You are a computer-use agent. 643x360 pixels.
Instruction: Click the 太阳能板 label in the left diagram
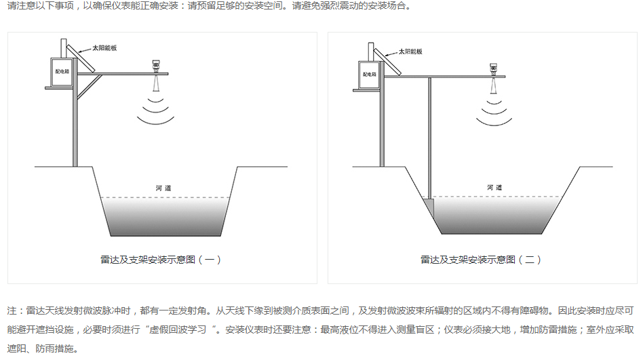[x=106, y=49]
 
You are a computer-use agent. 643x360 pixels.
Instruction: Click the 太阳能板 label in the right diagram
[x=410, y=52]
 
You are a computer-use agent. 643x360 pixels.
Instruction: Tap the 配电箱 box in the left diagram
[x=62, y=71]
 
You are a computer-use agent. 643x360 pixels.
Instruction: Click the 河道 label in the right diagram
[x=494, y=187]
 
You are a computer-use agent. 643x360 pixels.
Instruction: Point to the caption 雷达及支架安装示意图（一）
[x=161, y=259]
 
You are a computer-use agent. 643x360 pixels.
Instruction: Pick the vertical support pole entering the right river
[x=431, y=136]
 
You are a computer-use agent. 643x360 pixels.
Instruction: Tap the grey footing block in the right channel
[x=428, y=203]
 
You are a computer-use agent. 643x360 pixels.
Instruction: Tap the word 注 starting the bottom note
[x=12, y=311]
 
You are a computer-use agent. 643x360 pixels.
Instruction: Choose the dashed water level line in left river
[x=163, y=198]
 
